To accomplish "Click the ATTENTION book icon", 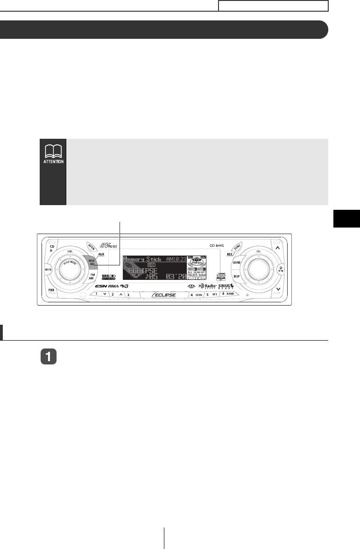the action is (53, 155).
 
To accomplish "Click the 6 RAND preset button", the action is (229, 295).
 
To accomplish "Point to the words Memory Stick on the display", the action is (142, 259).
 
